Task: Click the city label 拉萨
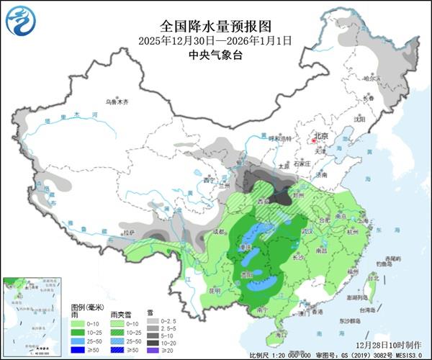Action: pos(127,233)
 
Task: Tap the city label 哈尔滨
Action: pos(372,78)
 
